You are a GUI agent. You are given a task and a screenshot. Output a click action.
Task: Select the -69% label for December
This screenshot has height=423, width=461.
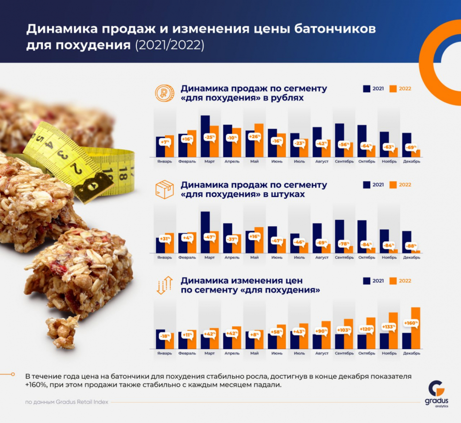[412, 148]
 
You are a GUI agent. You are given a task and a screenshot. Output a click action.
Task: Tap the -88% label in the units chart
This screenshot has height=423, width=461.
[412, 245]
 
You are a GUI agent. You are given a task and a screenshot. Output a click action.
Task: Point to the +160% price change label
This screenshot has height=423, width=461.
[411, 323]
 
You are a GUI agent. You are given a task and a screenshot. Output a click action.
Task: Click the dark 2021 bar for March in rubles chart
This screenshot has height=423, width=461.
[205, 136]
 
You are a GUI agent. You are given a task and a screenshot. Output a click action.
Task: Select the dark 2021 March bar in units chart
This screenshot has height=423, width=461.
[205, 232]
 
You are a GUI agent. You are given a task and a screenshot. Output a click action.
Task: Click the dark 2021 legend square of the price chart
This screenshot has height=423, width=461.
[366, 281]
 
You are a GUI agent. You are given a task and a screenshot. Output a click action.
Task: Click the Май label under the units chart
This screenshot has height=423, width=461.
[254, 258]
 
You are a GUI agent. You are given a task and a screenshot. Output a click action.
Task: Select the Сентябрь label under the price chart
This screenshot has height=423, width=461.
[344, 353]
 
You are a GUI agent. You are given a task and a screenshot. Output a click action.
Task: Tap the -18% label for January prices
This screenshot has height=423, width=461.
[164, 336]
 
